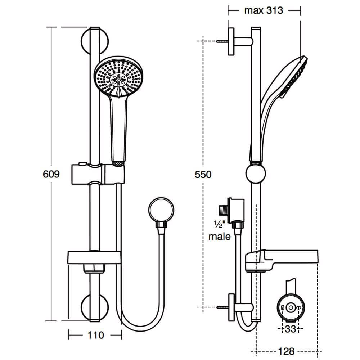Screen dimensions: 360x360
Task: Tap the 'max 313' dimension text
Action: click(264, 10)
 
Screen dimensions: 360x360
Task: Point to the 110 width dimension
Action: click(95, 335)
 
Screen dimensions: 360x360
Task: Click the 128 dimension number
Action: click(286, 351)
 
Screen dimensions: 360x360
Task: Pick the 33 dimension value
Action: click(291, 328)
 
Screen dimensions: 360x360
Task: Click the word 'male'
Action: click(220, 237)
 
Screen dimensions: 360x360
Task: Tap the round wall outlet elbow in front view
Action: click(161, 210)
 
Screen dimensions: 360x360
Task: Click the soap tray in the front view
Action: click(94, 257)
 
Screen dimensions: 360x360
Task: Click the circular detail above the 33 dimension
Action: click(291, 307)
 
